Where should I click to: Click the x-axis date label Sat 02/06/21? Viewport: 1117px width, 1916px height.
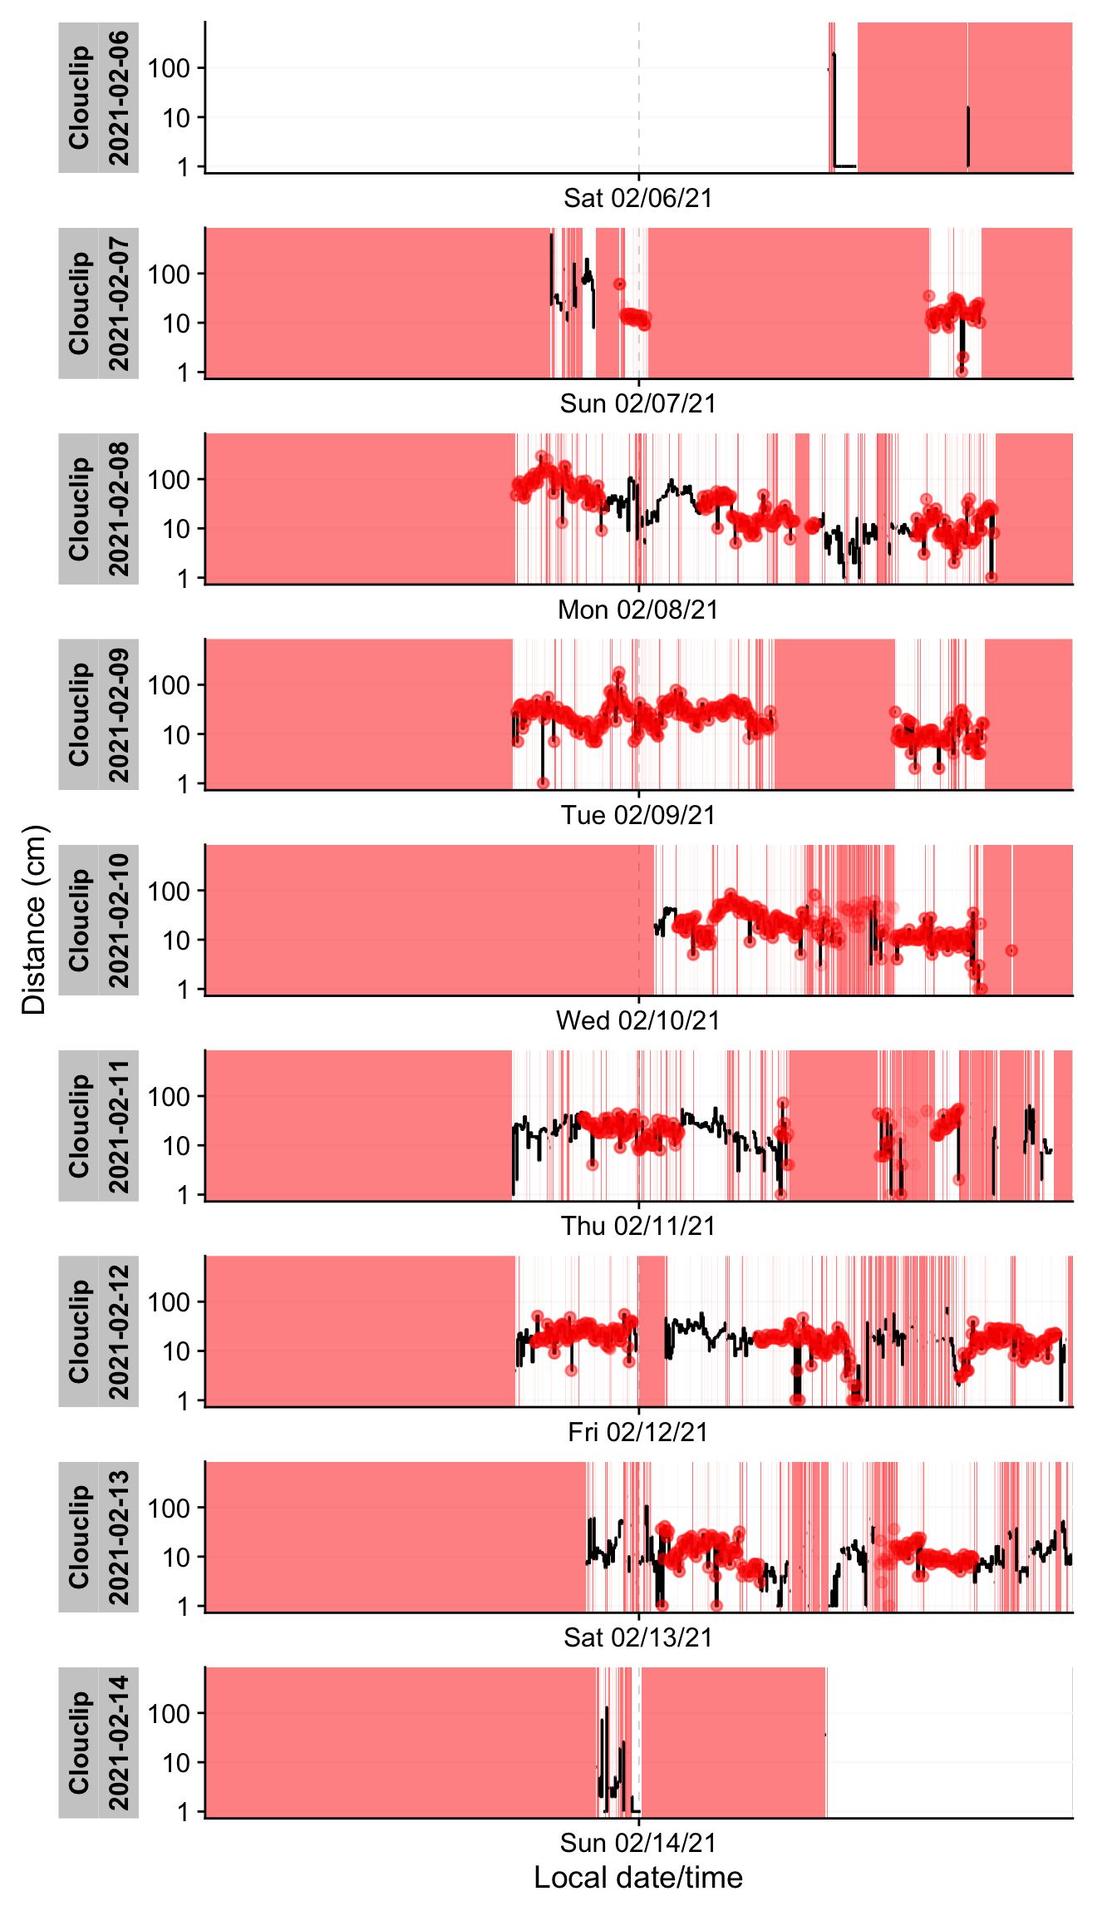pos(637,198)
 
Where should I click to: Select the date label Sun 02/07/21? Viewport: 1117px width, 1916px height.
pos(637,403)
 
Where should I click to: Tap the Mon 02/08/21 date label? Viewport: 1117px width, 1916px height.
pos(637,610)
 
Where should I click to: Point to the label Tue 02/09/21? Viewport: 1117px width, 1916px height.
pos(637,815)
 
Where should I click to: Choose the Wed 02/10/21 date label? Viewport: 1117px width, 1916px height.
pos(637,1020)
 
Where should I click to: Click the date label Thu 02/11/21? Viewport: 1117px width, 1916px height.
pos(637,1226)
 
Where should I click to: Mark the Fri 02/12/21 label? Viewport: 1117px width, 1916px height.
pos(637,1432)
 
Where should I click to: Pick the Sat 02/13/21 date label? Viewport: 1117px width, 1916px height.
pos(637,1637)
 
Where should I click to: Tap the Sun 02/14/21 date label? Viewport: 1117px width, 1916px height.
pos(637,1843)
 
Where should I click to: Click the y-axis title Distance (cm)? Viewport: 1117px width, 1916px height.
pos(34,920)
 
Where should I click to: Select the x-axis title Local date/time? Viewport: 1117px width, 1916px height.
pos(637,1878)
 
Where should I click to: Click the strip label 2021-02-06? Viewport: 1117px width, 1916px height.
pos(119,98)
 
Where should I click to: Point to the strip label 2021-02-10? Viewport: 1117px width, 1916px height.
pos(119,921)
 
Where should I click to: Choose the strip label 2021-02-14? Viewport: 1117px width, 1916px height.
pos(119,1743)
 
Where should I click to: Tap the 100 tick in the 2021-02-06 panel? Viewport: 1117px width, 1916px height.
pos(169,68)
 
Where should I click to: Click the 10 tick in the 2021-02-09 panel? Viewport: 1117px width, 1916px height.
pos(176,735)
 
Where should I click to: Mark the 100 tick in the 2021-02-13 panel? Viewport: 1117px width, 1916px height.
pos(169,1508)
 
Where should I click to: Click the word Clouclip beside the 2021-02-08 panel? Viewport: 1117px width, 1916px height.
pos(79,509)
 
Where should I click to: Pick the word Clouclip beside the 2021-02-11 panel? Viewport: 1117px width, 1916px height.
pos(79,1126)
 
